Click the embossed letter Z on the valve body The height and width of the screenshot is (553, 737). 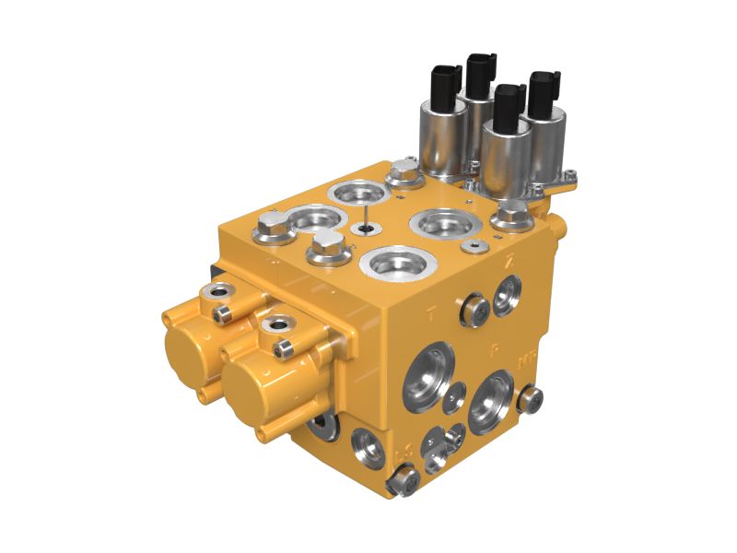click(x=509, y=261)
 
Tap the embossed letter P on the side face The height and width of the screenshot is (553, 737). click(x=495, y=349)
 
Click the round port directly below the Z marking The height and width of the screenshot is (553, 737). click(x=507, y=294)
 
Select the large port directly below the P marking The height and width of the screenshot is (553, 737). click(x=490, y=402)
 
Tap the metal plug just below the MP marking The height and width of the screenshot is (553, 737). click(x=530, y=399)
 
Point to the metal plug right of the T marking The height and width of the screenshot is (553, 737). click(x=474, y=310)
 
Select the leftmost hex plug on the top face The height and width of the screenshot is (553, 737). click(x=274, y=224)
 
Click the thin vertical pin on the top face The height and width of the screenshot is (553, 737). click(x=366, y=218)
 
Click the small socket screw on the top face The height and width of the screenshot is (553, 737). click(x=474, y=247)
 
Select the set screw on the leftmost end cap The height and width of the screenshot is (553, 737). click(x=221, y=315)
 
